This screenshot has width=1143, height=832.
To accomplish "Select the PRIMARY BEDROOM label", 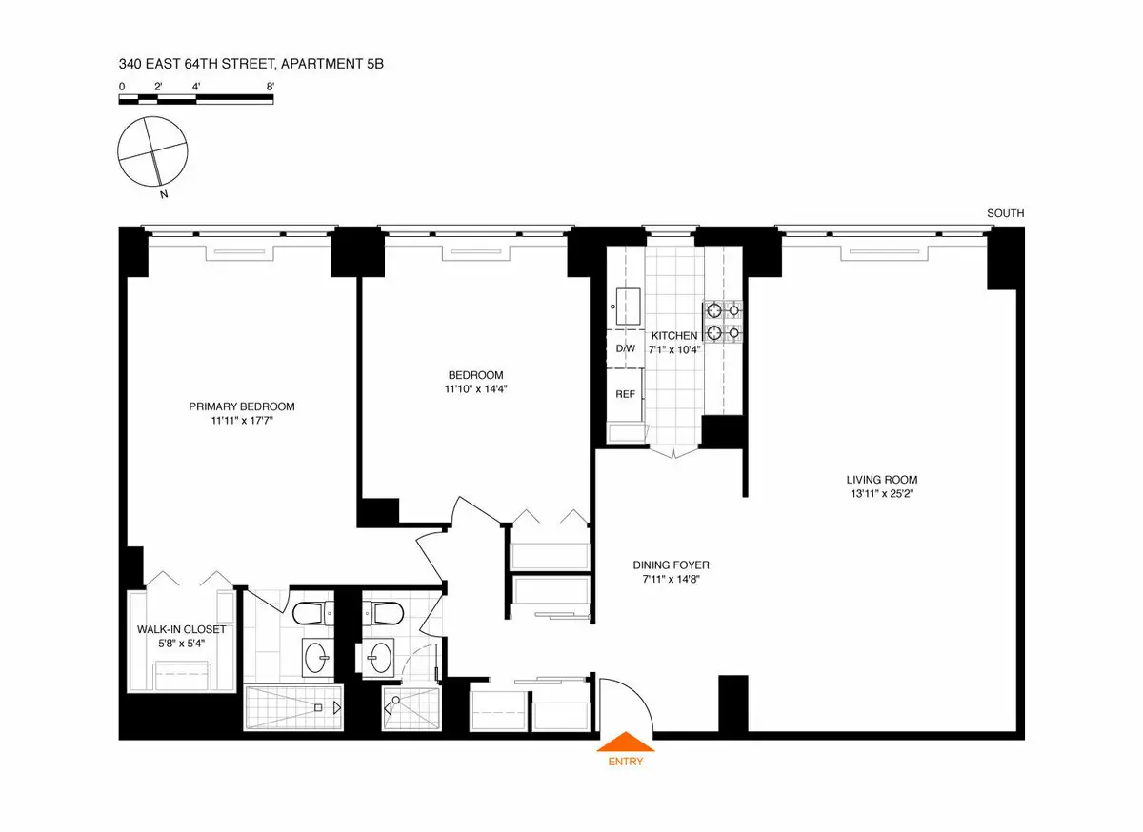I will pos(241,406).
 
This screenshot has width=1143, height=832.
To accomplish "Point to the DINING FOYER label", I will pos(672,565).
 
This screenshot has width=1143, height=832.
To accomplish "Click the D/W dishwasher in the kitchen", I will pos(625,348).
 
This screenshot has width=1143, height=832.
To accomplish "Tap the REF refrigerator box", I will pos(625,393).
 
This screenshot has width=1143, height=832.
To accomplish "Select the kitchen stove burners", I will pos(722,321).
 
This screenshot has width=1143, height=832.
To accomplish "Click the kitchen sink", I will pos(628,306).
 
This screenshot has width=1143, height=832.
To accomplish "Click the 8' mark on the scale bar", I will pos(271,87).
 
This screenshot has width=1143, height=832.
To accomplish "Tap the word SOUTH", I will pos(1005,214).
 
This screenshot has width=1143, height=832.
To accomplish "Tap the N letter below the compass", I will pos(165,195).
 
